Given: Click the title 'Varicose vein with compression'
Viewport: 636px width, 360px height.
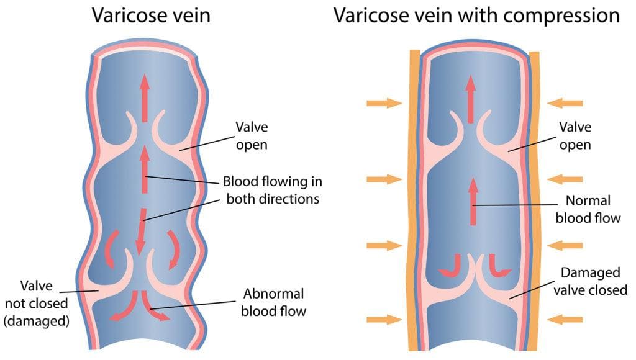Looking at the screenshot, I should [x=476, y=15].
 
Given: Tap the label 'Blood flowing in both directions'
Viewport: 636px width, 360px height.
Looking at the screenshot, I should [x=273, y=191].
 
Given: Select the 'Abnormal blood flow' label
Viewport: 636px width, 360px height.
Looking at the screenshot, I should [x=275, y=302].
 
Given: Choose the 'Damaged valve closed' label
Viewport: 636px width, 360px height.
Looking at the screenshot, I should [x=594, y=281].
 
